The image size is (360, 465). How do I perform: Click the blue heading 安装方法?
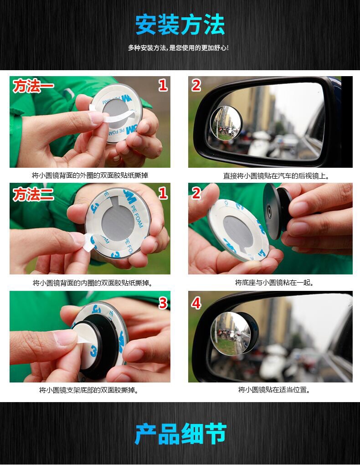tap(180, 25)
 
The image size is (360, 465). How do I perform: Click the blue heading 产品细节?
tap(180, 434)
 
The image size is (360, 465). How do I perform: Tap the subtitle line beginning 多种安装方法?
tap(178, 48)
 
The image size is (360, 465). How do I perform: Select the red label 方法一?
tap(33, 86)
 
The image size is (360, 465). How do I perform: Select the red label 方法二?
tap(33, 195)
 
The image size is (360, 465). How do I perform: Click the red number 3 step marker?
tap(163, 303)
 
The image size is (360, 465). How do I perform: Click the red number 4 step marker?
tap(196, 303)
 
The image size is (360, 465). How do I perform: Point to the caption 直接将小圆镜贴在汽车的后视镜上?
tap(276, 176)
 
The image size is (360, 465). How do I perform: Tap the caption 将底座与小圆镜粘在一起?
tap(274, 283)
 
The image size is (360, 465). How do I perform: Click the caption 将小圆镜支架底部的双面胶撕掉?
tap(89, 390)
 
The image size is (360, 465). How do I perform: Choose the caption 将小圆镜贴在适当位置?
tap(274, 390)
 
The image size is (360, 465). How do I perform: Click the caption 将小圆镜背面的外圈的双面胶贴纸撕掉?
tap(90, 176)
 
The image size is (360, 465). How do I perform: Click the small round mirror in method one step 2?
tap(226, 123)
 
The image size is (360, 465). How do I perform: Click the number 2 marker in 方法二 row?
tap(196, 194)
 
